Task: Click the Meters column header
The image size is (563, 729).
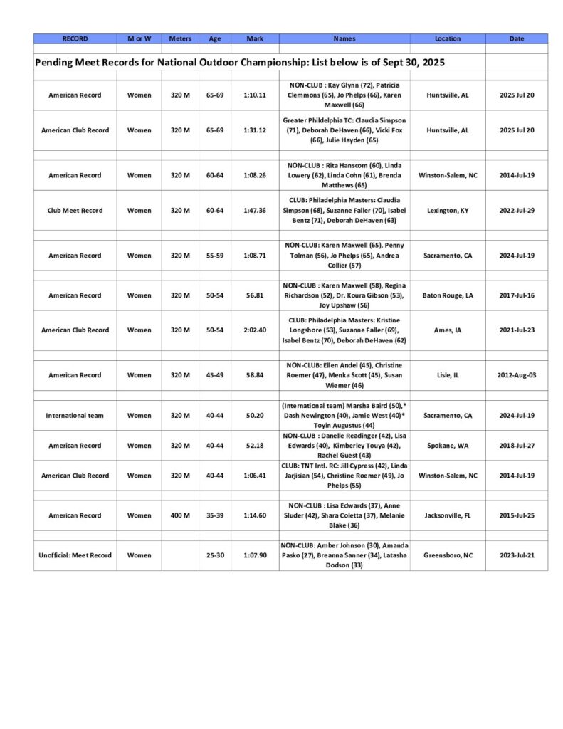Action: [179, 38]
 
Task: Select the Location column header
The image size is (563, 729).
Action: [447, 38]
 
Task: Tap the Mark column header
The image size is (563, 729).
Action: [254, 38]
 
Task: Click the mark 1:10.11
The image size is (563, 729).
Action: [254, 95]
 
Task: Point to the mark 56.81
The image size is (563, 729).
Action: [254, 295]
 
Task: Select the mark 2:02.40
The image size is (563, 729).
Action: [254, 330]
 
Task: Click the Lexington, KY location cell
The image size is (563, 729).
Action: [447, 211]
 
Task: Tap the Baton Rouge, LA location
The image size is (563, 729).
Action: [447, 295]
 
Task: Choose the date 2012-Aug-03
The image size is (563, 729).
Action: [517, 375]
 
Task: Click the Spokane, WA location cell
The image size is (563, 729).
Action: [447, 446]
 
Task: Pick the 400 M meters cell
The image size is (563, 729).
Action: [179, 515]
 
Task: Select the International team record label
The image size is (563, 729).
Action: [75, 416]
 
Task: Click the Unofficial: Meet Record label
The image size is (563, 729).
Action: [75, 555]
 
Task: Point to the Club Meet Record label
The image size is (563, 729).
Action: [75, 211]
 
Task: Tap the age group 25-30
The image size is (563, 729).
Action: [215, 555]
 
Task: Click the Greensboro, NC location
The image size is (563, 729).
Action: [447, 555]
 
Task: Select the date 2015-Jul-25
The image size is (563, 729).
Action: [517, 515]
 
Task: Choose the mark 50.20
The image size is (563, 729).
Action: [254, 416]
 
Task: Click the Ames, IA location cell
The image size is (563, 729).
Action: [447, 330]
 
